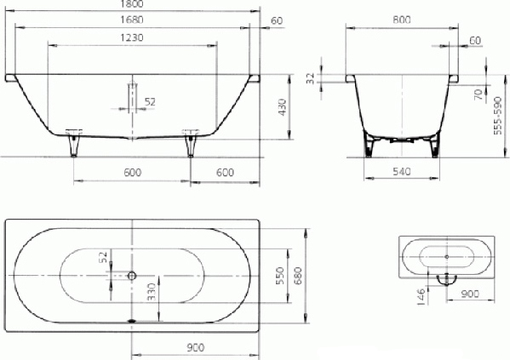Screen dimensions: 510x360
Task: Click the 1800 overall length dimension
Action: point(132,3)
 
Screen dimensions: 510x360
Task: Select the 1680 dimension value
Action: point(132,20)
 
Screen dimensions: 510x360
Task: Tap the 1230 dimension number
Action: point(132,37)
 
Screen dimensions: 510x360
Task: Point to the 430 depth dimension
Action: point(283,107)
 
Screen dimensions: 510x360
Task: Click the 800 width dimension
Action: point(402,20)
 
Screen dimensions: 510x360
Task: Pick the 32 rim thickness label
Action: point(311,78)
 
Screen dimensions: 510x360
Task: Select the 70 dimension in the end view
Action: point(478,94)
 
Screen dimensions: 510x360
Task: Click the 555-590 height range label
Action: point(497,116)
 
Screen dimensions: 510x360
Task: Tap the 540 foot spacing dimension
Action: point(402,171)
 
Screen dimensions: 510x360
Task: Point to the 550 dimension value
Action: point(280,276)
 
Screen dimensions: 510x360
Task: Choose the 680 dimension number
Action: point(298,276)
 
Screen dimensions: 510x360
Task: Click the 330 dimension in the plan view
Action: point(152,292)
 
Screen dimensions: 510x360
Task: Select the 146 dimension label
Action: point(421,296)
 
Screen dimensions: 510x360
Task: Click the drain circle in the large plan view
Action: point(131,276)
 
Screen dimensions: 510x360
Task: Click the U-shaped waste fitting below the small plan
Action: point(447,280)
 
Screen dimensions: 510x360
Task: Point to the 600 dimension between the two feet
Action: point(133,173)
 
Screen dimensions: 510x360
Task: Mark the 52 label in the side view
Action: point(150,102)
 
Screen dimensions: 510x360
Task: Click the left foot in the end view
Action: point(368,145)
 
